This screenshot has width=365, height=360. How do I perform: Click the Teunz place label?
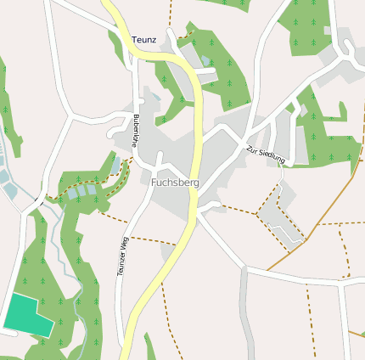point(144,40)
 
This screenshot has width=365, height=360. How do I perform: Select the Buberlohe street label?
point(137,129)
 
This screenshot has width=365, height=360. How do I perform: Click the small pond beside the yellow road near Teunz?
point(206,61)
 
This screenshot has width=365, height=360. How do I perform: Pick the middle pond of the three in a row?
point(82,192)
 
